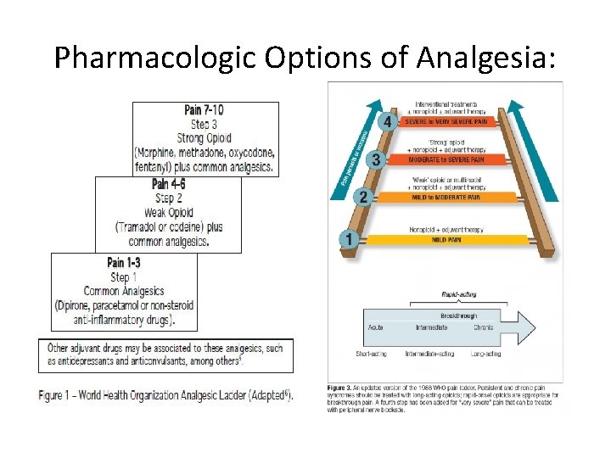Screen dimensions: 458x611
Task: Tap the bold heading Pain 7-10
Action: (x=205, y=110)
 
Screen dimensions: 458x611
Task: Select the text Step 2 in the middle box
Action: (x=167, y=198)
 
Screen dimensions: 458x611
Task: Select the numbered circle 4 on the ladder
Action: (x=388, y=122)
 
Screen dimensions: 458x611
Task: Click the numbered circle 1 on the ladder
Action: (x=346, y=239)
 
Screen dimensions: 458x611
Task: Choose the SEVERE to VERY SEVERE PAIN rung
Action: (x=446, y=122)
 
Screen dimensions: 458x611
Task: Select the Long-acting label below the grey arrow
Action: (x=485, y=353)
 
